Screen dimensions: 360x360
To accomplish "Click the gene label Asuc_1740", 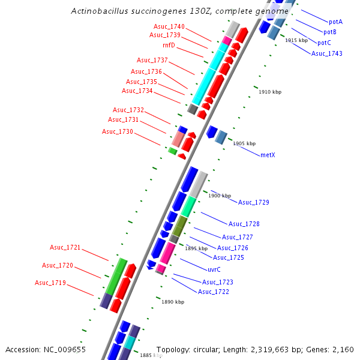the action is pyautogui.click(x=169, y=26).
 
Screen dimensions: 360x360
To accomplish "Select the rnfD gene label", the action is pyautogui.click(x=169, y=45).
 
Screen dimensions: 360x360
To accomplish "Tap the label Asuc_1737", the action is pyautogui.click(x=152, y=60).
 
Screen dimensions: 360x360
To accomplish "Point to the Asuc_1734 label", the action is pyautogui.click(x=137, y=91).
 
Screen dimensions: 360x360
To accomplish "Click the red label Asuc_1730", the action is pyautogui.click(x=117, y=131).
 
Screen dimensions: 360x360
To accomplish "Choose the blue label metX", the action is pyautogui.click(x=268, y=155).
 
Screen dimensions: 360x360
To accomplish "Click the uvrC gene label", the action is pyautogui.click(x=214, y=269).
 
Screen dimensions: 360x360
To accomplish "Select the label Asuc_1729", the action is pyautogui.click(x=253, y=202).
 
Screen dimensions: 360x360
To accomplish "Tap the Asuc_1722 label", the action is pyautogui.click(x=213, y=292).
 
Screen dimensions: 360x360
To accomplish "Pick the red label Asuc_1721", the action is pyautogui.click(x=65, y=247).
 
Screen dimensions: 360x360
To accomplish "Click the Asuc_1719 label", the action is pyautogui.click(x=50, y=283).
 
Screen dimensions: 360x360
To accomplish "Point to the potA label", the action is pyautogui.click(x=335, y=21).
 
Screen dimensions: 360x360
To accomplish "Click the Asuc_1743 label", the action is pyautogui.click(x=326, y=53).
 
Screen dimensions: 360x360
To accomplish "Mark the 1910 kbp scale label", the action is pyautogui.click(x=269, y=92).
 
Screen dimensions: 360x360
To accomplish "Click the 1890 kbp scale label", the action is pyautogui.click(x=172, y=302).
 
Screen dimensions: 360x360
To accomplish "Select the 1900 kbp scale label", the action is pyautogui.click(x=219, y=196).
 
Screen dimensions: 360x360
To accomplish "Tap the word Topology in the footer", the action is pyautogui.click(x=173, y=349).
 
